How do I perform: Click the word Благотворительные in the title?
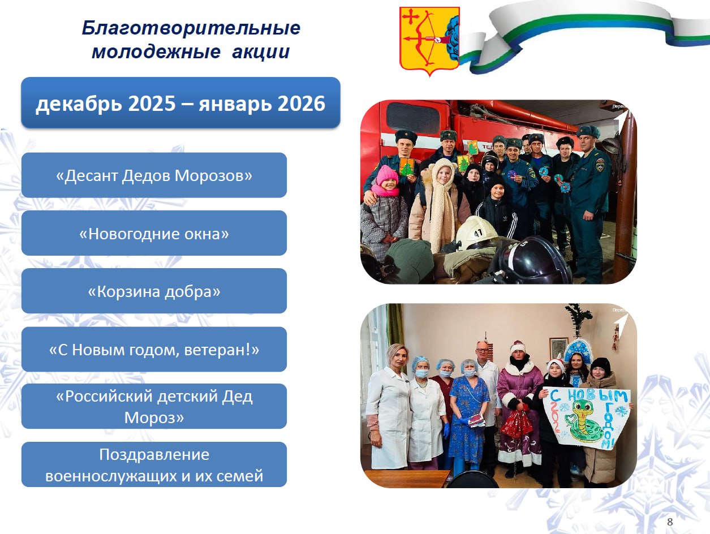click(191, 28)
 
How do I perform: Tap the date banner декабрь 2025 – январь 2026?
click(180, 102)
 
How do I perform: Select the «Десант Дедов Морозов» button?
click(154, 175)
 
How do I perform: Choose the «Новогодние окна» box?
click(154, 233)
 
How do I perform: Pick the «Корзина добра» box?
click(154, 291)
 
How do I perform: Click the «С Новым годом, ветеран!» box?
click(154, 349)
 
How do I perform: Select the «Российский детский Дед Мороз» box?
click(154, 406)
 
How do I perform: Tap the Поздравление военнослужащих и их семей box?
click(154, 464)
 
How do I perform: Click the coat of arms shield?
click(429, 40)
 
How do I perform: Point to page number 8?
click(670, 522)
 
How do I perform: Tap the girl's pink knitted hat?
click(386, 175)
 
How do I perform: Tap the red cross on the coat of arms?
click(411, 17)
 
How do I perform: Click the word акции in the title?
click(261, 52)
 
